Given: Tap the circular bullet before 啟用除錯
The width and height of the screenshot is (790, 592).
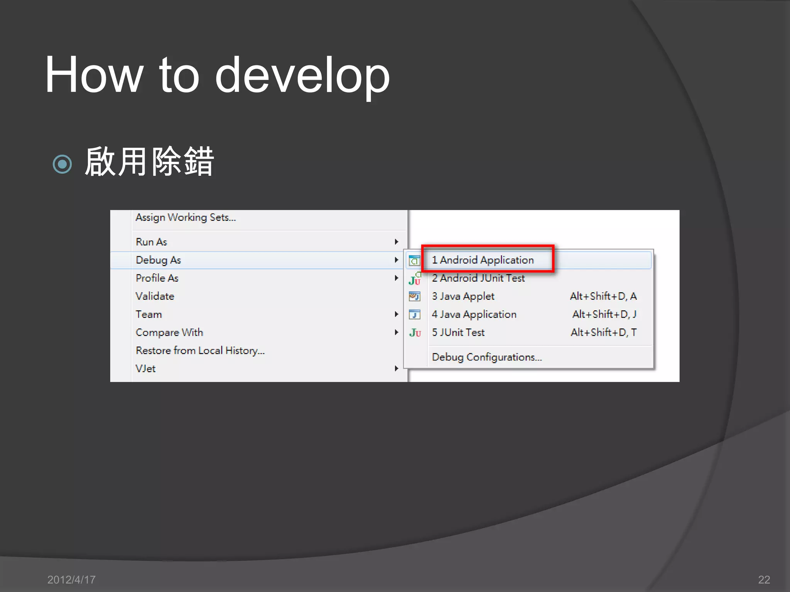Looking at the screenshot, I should [x=62, y=164].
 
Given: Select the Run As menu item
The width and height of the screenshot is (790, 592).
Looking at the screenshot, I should [x=151, y=242].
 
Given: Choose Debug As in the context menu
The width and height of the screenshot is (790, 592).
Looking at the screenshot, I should [x=158, y=260].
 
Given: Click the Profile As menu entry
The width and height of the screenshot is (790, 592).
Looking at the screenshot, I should [x=157, y=278].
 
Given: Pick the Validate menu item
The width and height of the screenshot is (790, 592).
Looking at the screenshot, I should [x=155, y=296].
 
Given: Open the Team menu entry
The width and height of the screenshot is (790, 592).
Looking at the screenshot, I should [x=149, y=314].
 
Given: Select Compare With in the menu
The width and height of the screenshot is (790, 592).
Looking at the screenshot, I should [x=169, y=333].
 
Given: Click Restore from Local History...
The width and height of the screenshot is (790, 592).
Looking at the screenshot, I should [x=200, y=351].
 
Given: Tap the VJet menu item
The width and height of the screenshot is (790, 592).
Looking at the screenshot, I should [x=145, y=369].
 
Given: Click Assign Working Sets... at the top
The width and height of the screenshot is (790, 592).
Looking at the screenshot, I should [x=186, y=218].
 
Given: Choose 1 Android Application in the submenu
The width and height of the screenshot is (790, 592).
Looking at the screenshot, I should [x=483, y=260].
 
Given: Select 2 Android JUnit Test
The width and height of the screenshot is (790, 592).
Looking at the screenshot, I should [x=478, y=278].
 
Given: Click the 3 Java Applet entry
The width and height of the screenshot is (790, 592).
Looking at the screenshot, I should [x=463, y=296].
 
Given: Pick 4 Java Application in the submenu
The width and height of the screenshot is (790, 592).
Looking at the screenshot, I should [x=474, y=314].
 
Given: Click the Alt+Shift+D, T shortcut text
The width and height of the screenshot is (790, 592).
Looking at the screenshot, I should [x=604, y=333].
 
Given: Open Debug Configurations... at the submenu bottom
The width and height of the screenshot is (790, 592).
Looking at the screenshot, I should [x=487, y=357].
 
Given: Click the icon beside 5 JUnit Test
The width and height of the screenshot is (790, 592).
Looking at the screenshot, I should [x=415, y=333].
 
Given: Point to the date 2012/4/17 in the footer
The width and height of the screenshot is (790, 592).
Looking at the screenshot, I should [x=71, y=580].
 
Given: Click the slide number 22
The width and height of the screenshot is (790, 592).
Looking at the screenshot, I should [x=764, y=580].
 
